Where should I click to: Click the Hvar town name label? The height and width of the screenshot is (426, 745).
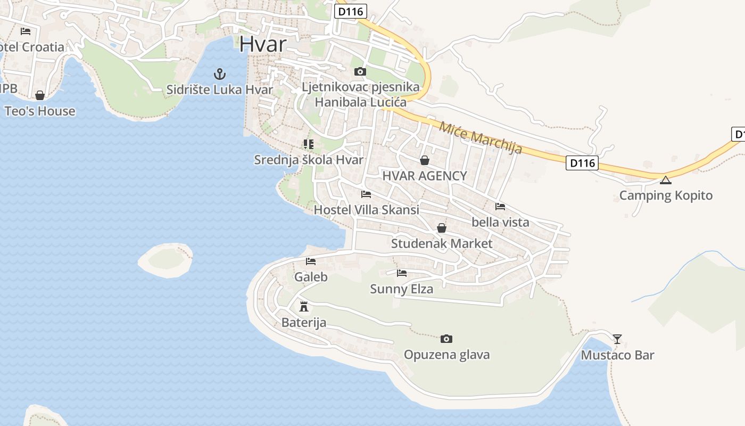point(263,44)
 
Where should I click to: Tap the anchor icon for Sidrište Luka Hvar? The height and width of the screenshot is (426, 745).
point(219,74)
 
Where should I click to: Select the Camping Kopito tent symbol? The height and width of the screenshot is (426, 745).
point(665,180)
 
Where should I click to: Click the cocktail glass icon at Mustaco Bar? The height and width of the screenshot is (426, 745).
point(617,339)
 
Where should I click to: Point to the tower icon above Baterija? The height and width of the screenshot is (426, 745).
point(304,306)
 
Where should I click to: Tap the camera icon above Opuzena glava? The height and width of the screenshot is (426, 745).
point(446,339)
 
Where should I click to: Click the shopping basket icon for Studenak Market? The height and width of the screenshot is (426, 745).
point(442,228)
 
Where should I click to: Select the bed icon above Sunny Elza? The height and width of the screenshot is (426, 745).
point(402,273)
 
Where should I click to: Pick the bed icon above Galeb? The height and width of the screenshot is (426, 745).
point(311,261)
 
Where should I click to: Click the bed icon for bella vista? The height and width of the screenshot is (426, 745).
point(500,206)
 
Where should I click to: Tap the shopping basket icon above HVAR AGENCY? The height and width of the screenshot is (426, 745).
point(425,160)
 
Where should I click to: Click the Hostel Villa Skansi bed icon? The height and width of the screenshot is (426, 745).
point(366,194)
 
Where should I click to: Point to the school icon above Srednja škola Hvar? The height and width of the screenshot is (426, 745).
point(308,144)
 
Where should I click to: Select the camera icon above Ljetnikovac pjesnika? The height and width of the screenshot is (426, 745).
point(360,71)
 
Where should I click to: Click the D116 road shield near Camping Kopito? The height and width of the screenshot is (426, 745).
point(582,163)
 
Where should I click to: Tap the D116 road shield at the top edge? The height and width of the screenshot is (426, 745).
point(351,11)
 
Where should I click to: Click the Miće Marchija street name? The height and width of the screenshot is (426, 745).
point(481,137)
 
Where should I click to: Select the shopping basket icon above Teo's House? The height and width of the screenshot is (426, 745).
point(40,95)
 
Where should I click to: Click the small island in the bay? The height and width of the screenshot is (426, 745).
point(165,260)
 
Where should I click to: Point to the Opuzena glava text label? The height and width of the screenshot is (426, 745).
point(446,355)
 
